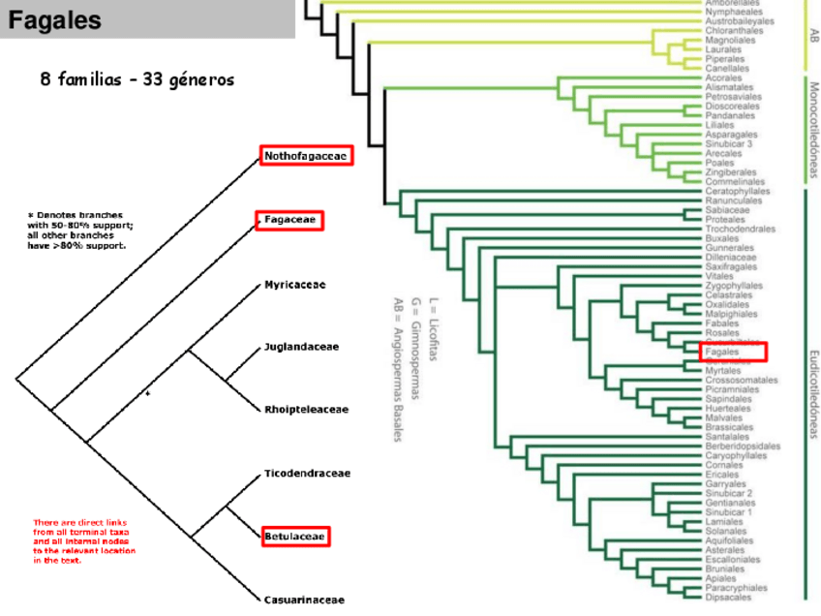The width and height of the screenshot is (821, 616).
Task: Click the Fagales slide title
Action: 54,20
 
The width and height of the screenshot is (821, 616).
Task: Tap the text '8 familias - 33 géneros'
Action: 137,79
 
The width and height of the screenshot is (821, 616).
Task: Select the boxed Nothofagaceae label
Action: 306,156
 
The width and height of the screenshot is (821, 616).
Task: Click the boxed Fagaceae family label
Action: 289,221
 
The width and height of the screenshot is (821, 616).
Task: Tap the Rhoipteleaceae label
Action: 306,410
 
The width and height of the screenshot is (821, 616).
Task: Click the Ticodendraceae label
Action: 307,474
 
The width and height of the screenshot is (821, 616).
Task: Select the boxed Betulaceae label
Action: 295,536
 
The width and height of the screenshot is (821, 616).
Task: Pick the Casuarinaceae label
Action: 304,600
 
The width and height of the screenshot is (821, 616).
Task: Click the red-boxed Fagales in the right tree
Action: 731,352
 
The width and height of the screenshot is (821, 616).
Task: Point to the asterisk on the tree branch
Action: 147,394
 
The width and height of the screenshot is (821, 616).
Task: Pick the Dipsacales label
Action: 728,598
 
